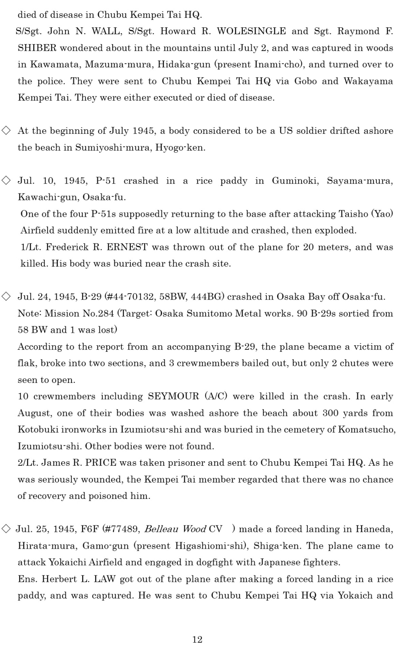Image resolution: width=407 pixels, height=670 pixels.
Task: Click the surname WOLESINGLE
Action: pyautogui.click(x=251, y=31)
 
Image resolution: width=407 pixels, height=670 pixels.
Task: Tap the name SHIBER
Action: pyautogui.click(x=37, y=48)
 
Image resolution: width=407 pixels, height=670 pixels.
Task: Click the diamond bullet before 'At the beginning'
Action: pyautogui.click(x=6, y=131)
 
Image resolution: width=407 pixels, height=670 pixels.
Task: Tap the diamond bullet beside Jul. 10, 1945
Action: pyautogui.click(x=6, y=181)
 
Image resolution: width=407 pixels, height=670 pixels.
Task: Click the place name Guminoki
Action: pyautogui.click(x=295, y=181)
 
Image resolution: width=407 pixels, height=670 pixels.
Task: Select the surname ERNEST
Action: pyautogui.click(x=127, y=247)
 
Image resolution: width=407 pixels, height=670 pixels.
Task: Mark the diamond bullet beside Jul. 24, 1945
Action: pyautogui.click(x=6, y=297)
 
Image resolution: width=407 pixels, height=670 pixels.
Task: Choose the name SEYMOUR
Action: pyautogui.click(x=173, y=396)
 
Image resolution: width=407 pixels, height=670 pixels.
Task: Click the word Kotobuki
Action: pyautogui.click(x=38, y=429)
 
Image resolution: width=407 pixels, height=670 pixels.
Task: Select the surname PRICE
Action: pyautogui.click(x=101, y=463)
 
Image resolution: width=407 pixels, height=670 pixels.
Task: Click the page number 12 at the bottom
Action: pyautogui.click(x=197, y=640)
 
